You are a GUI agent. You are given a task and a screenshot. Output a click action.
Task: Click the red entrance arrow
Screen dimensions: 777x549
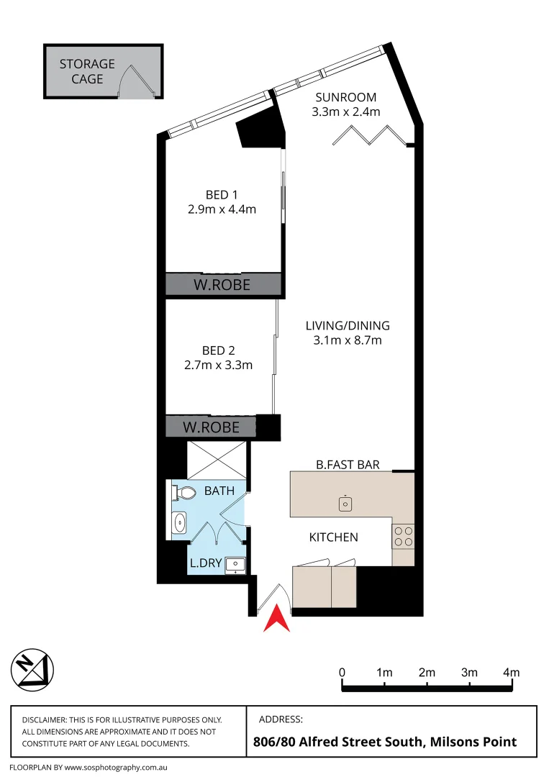pos(276,619)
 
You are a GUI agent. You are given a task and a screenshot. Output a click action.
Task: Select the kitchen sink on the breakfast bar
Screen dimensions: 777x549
pos(345,503)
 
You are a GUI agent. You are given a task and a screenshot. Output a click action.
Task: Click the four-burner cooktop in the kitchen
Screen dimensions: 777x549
pos(403,535)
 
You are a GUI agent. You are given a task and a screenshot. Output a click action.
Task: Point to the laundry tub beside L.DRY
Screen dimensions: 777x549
pos(235,565)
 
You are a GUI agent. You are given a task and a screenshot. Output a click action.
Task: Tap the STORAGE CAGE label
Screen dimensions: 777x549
pos(87,71)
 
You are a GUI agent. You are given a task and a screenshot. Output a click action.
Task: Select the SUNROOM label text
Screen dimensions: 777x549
pos(345,98)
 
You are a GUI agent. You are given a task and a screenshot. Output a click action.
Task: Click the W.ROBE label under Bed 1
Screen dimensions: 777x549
pos(222,285)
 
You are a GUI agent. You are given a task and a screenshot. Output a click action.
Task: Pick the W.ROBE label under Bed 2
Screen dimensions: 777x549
pos(210,427)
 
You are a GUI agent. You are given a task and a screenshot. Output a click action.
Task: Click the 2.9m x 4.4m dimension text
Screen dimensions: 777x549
pos(221,209)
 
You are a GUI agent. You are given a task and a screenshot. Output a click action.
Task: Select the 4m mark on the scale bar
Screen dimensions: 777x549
pos(511,673)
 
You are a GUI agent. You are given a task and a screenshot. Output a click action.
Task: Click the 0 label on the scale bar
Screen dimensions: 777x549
pos(342,673)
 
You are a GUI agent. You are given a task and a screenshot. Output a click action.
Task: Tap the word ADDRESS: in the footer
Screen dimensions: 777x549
pos(280,719)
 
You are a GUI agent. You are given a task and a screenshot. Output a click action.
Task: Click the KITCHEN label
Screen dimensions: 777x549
pos(333,537)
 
